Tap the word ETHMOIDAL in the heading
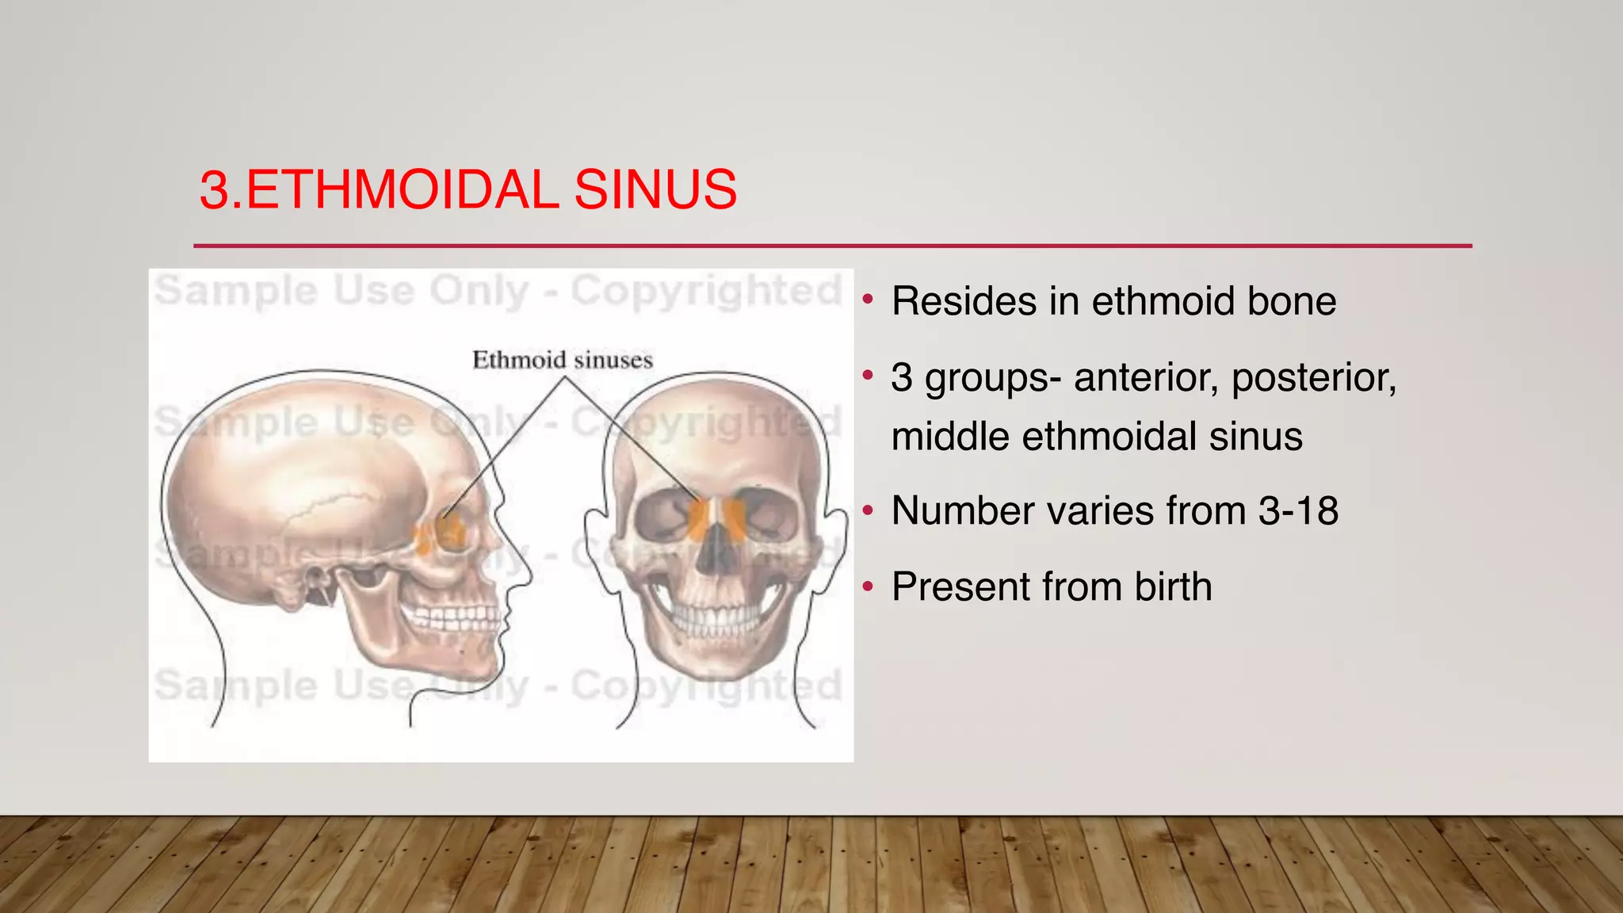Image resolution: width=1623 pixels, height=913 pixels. pos(403,190)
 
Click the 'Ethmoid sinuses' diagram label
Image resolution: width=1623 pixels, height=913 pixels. pos(563,361)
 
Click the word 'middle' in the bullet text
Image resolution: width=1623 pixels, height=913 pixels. pos(950,437)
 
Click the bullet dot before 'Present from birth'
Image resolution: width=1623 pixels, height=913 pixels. pos(869,587)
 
